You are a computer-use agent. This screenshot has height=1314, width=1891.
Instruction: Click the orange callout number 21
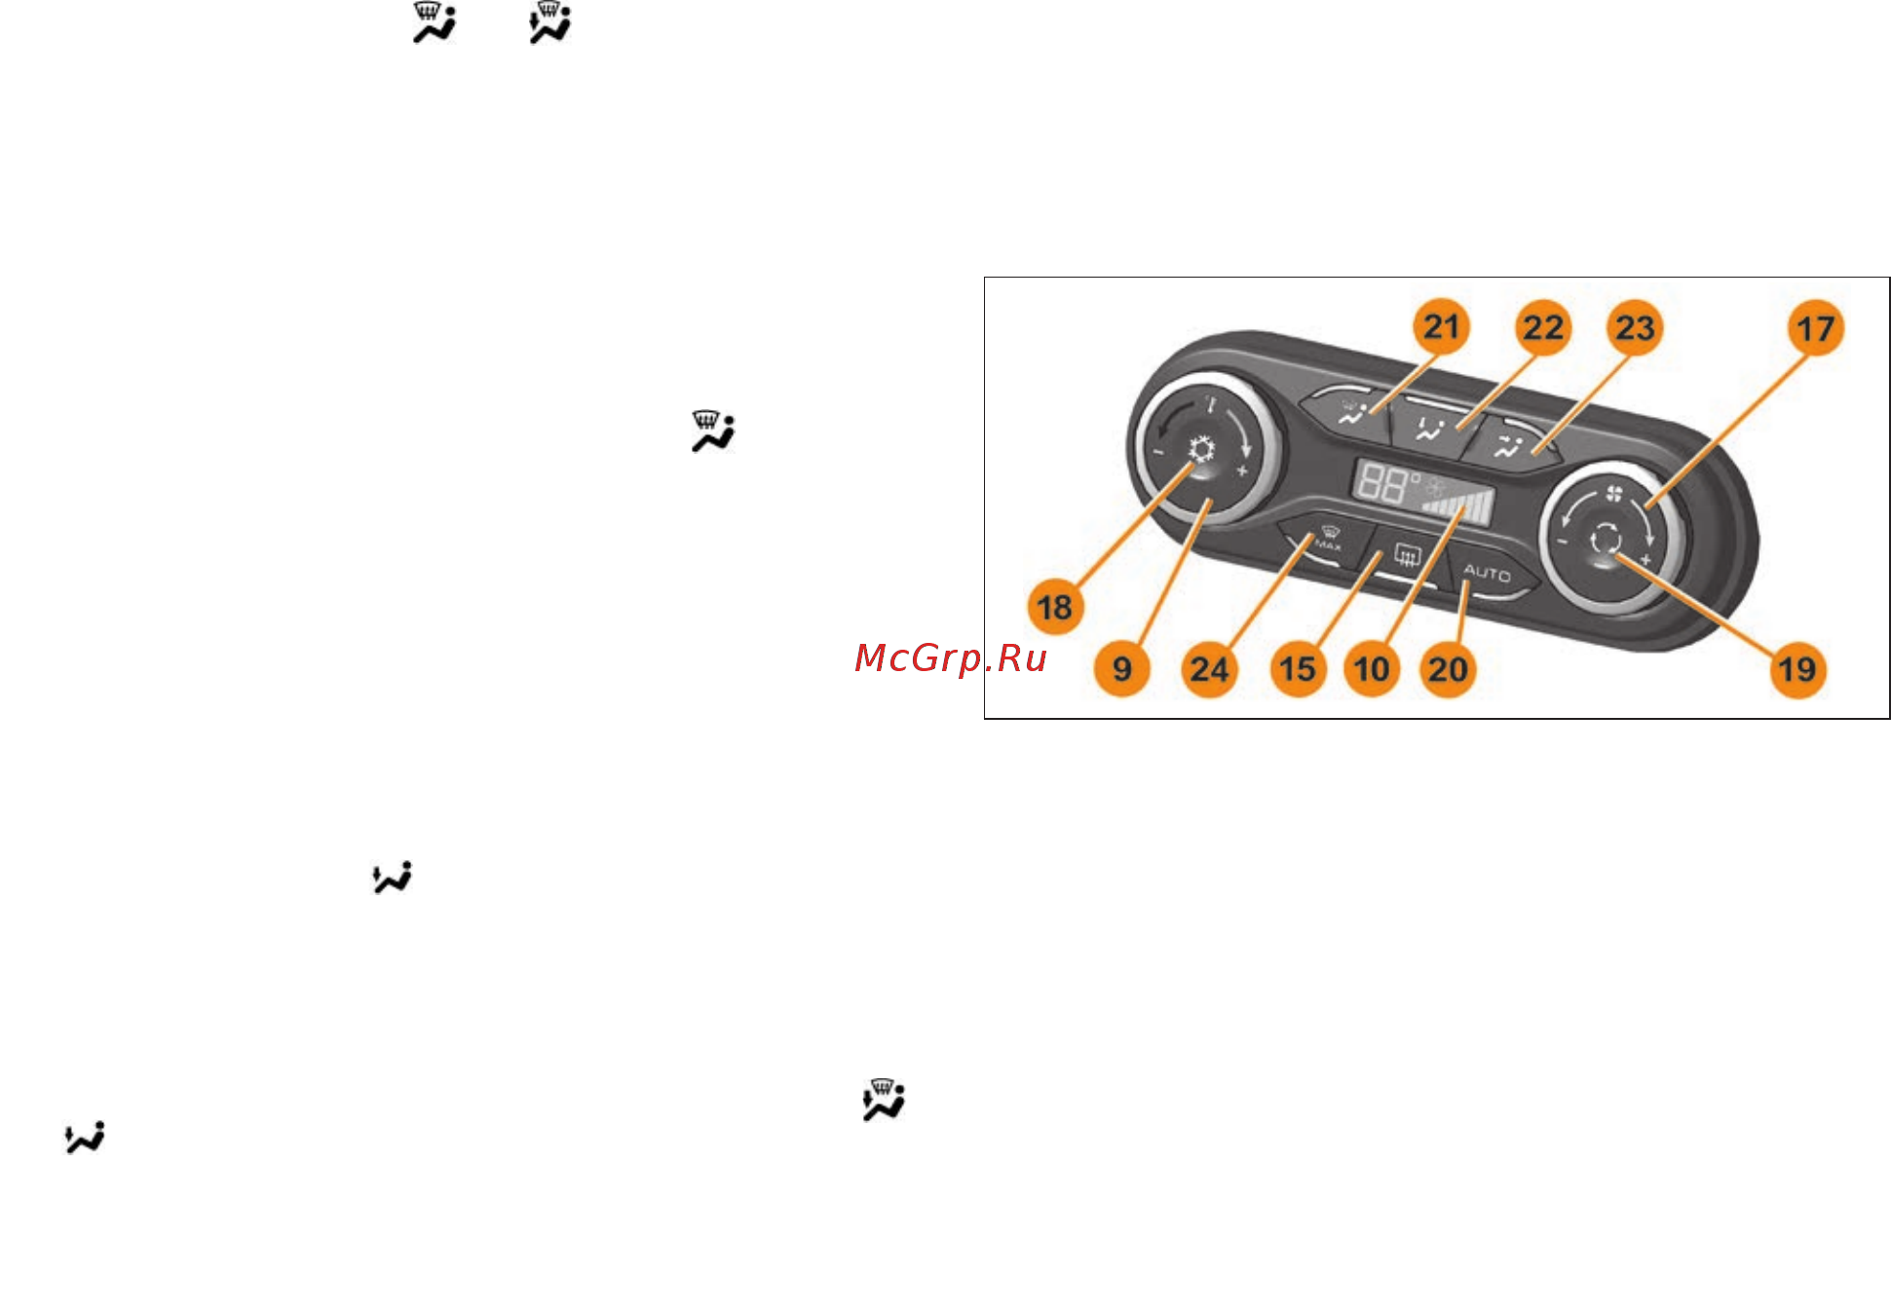point(1441,327)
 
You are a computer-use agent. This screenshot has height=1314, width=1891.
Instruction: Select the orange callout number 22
point(1543,328)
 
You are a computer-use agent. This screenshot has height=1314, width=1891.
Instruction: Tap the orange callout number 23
point(1635,328)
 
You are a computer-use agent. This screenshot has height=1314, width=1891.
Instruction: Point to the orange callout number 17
point(1816,328)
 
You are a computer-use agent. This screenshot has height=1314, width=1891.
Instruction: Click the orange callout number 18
point(1055,608)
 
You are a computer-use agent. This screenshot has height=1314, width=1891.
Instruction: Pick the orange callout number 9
point(1122,669)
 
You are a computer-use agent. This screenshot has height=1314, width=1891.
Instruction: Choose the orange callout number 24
point(1209,669)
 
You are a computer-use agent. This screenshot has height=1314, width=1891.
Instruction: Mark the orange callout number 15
point(1298,669)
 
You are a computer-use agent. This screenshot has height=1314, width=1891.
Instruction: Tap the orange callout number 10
point(1372,669)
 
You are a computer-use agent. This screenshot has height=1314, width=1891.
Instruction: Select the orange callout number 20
point(1448,669)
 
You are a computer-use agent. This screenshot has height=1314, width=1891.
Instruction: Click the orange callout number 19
point(1797,669)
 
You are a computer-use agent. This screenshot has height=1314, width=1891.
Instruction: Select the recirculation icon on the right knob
point(1604,538)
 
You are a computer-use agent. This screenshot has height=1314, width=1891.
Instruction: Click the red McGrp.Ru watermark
point(951,658)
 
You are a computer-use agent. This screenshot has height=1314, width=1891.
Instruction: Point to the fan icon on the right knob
point(1614,494)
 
